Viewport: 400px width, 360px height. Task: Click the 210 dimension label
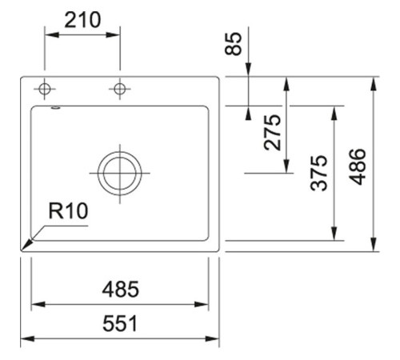tap(82, 19)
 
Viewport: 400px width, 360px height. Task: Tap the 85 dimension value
tap(234, 43)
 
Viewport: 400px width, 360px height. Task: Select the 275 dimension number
tap(273, 132)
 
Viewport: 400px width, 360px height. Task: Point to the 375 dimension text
tap(319, 172)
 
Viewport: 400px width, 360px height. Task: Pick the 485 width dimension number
tap(121, 289)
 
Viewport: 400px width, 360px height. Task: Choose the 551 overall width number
tap(121, 324)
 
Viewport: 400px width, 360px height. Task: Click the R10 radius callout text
tap(68, 211)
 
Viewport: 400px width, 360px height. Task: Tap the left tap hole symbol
tap(45, 87)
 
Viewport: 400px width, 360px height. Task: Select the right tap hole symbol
tap(120, 87)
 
